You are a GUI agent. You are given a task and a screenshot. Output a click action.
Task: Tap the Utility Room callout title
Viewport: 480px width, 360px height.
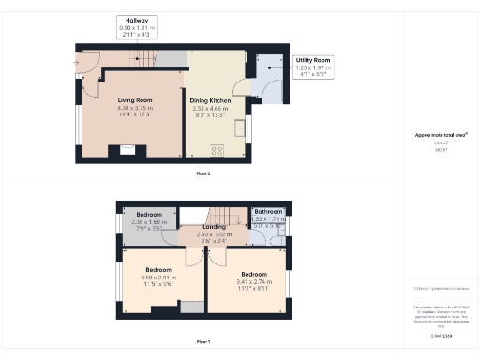[315, 60]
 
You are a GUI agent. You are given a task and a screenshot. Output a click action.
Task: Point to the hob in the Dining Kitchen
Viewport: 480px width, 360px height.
[219, 149]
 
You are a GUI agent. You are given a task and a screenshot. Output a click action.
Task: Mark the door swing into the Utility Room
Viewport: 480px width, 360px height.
[270, 94]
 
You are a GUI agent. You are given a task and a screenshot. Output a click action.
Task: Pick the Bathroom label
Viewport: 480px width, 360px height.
[267, 212]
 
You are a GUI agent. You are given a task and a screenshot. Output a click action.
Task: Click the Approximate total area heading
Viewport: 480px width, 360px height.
[441, 134]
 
